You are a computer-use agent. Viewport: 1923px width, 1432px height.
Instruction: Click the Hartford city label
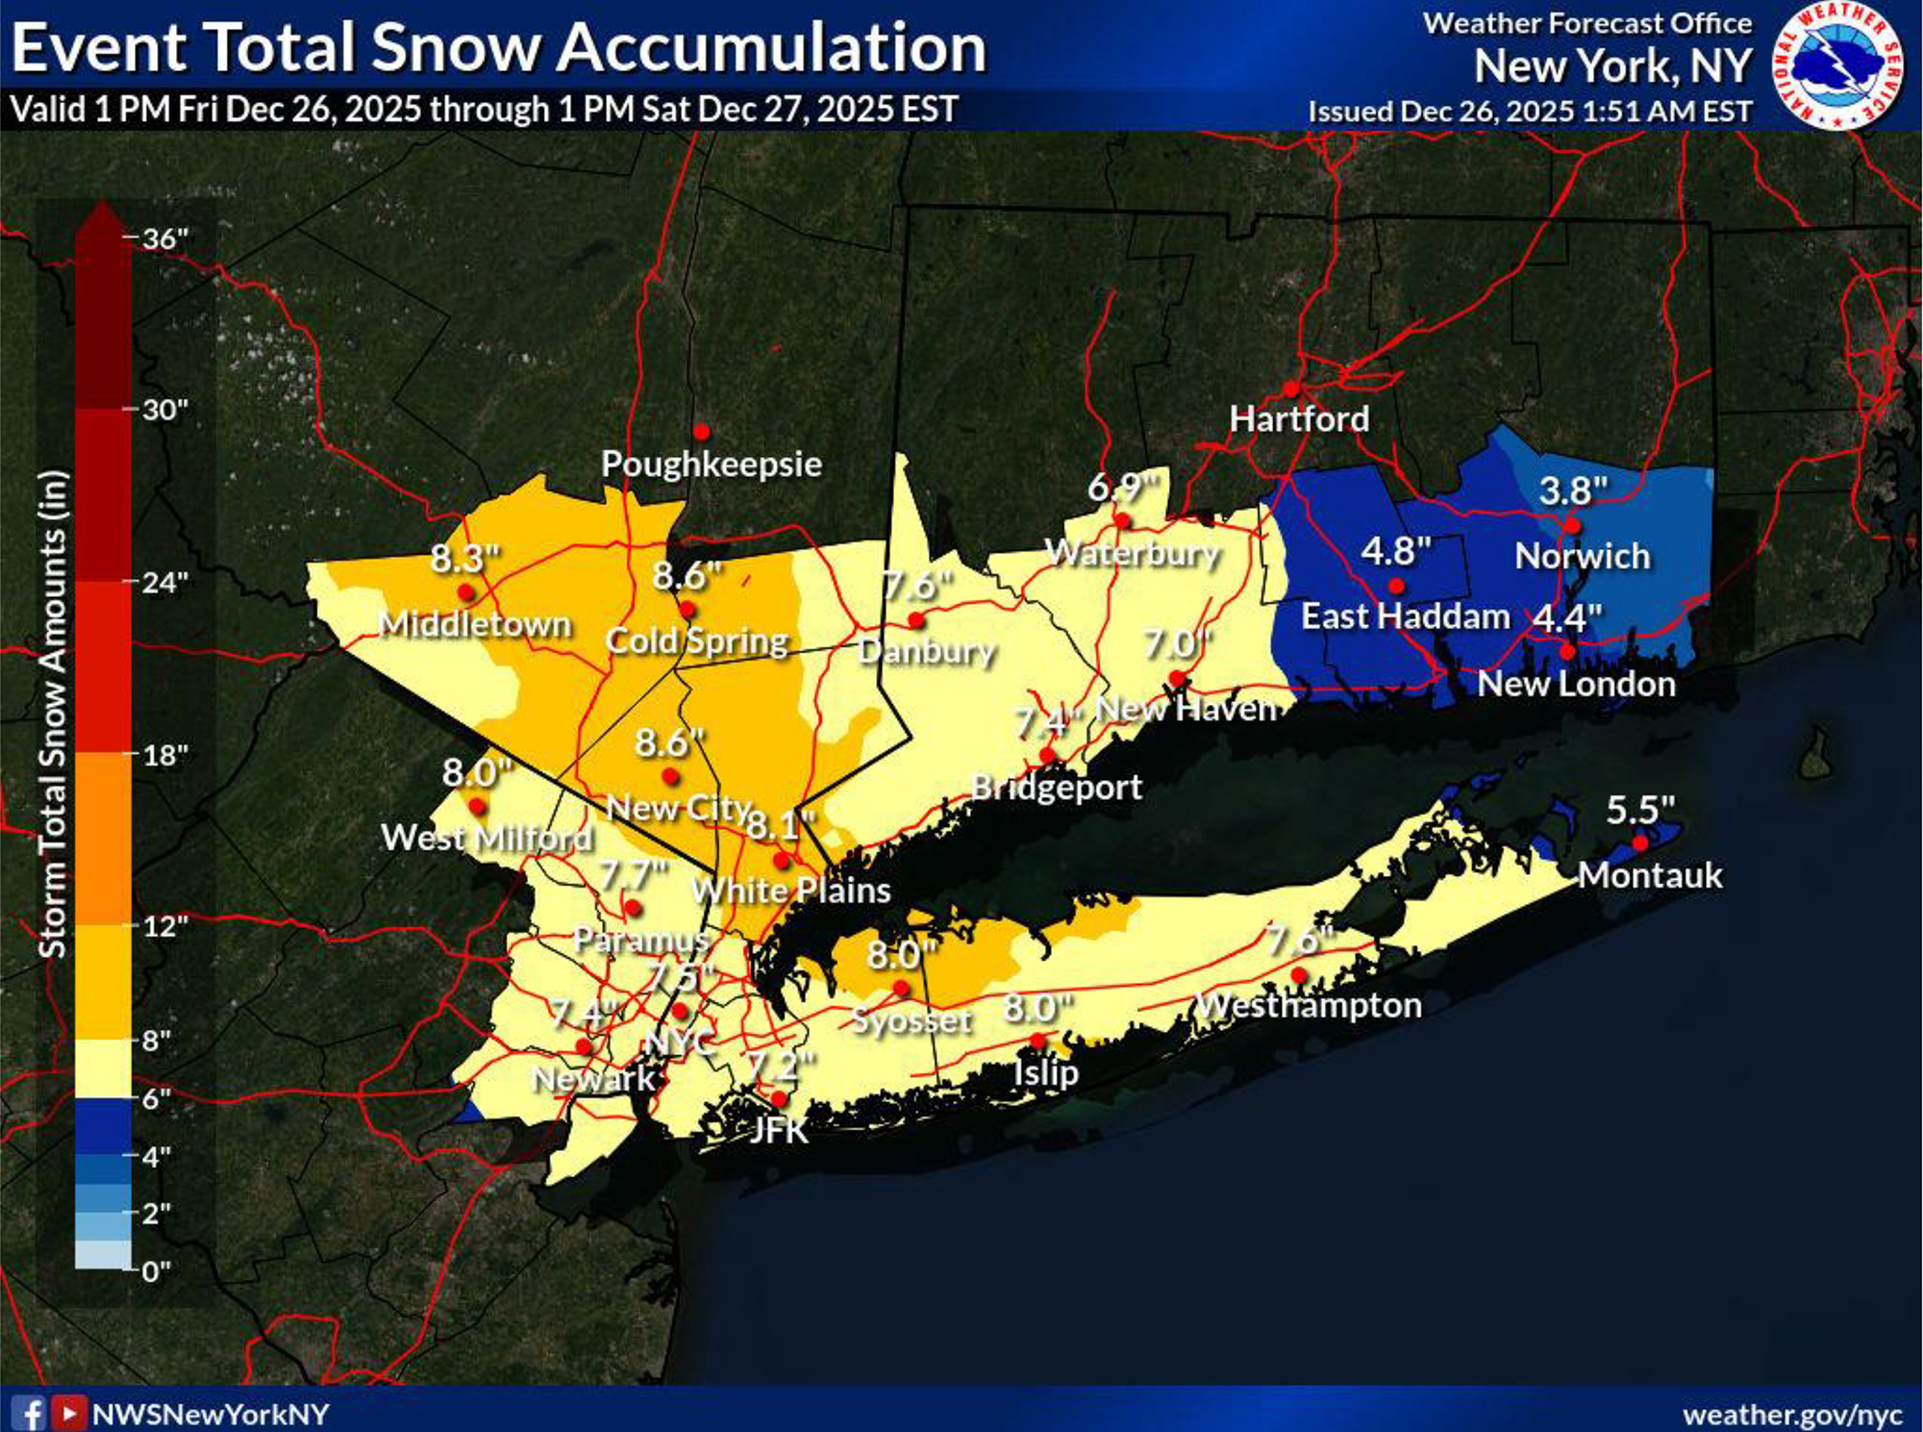(1299, 419)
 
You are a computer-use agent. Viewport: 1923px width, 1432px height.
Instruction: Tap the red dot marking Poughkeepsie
(702, 432)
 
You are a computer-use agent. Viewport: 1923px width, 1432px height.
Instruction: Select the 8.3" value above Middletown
(465, 558)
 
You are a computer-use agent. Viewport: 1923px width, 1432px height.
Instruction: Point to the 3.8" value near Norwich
(1573, 491)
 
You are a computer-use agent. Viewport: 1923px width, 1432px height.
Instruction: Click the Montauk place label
(1650, 875)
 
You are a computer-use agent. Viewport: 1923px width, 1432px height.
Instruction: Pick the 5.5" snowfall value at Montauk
(1640, 811)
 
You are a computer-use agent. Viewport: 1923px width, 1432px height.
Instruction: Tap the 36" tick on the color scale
(164, 239)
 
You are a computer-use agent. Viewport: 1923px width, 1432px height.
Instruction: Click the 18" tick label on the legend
(164, 755)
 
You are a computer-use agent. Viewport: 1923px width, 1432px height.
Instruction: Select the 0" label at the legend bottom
(156, 1271)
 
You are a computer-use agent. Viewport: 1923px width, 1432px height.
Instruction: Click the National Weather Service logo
(1837, 65)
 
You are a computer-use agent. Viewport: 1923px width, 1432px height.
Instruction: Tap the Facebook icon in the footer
(31, 1414)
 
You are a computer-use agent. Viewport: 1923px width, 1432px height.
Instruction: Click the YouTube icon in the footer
(68, 1414)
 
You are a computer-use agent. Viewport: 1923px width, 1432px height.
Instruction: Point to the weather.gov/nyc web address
(1792, 1415)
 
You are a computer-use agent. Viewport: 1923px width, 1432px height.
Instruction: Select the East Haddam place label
(1405, 616)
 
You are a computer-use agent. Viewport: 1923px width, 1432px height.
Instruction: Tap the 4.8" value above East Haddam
(1396, 552)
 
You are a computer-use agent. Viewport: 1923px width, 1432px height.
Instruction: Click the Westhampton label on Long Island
(1308, 1006)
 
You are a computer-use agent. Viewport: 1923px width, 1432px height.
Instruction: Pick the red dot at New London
(1567, 652)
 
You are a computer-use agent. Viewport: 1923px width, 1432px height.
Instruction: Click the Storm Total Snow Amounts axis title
(52, 714)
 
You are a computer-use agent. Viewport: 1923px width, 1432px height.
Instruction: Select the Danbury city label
(926, 651)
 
